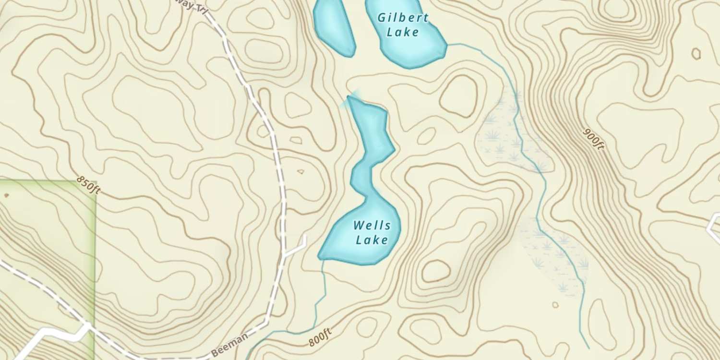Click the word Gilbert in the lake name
click(403, 18)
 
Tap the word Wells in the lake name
click(372, 225)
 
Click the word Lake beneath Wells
click(372, 239)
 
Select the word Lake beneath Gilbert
click(403, 32)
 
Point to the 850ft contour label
click(88, 185)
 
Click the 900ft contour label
click(593, 139)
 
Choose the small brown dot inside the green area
click(6, 195)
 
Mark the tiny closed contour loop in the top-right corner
click(696, 53)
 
